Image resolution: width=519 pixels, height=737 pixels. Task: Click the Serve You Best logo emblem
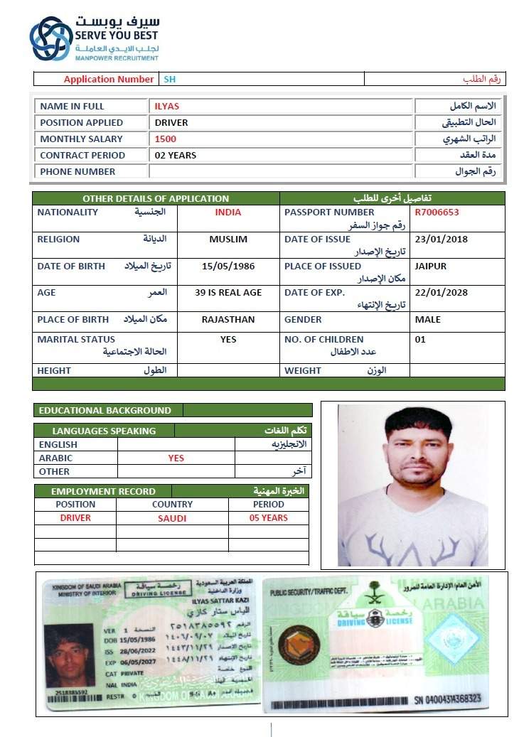50,38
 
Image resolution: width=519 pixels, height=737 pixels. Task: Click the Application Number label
108,79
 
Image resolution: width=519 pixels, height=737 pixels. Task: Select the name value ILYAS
167,106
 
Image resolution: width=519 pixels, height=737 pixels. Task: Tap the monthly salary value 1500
166,139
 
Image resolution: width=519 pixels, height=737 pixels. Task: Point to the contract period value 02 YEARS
176,155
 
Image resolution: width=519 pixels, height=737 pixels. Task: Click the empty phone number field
281,171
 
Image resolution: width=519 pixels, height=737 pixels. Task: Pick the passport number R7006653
437,212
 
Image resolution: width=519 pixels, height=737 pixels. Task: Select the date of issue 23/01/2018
441,240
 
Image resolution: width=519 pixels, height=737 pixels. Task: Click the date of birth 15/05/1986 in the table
228,266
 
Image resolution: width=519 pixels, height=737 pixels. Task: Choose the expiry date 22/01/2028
441,292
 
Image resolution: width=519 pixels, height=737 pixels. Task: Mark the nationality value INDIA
228,212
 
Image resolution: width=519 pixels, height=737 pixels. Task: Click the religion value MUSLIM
228,240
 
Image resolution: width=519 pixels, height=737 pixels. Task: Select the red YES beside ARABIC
176,458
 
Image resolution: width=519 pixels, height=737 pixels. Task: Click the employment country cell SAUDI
172,518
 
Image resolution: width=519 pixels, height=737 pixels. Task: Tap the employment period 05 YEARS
268,518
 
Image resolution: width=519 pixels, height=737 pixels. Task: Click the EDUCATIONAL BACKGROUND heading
105,410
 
